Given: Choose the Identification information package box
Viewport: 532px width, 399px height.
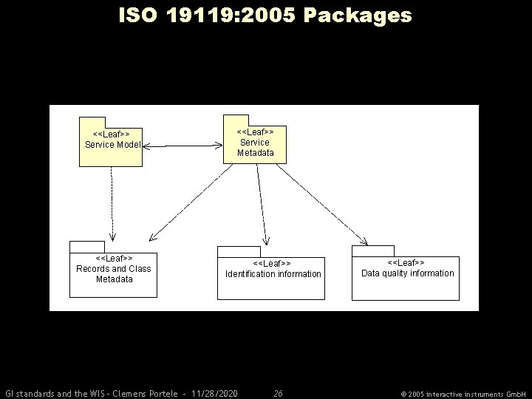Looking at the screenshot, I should (270, 278).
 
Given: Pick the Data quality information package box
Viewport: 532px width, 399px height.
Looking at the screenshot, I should (405, 278).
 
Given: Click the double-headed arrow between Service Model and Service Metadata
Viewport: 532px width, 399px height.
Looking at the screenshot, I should (183, 147).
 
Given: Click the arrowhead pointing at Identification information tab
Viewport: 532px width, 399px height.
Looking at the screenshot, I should (267, 242).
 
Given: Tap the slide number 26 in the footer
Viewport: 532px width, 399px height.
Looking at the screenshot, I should (278, 392).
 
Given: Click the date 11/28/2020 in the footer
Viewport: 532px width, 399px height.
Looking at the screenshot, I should (214, 392).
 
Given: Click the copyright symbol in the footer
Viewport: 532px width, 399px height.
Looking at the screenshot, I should (403, 393).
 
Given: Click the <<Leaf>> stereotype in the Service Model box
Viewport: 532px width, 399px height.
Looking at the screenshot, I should (112, 134).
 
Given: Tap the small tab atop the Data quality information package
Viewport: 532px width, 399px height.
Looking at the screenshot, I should (372, 251).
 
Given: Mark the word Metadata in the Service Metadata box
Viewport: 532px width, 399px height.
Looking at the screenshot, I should (255, 153).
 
